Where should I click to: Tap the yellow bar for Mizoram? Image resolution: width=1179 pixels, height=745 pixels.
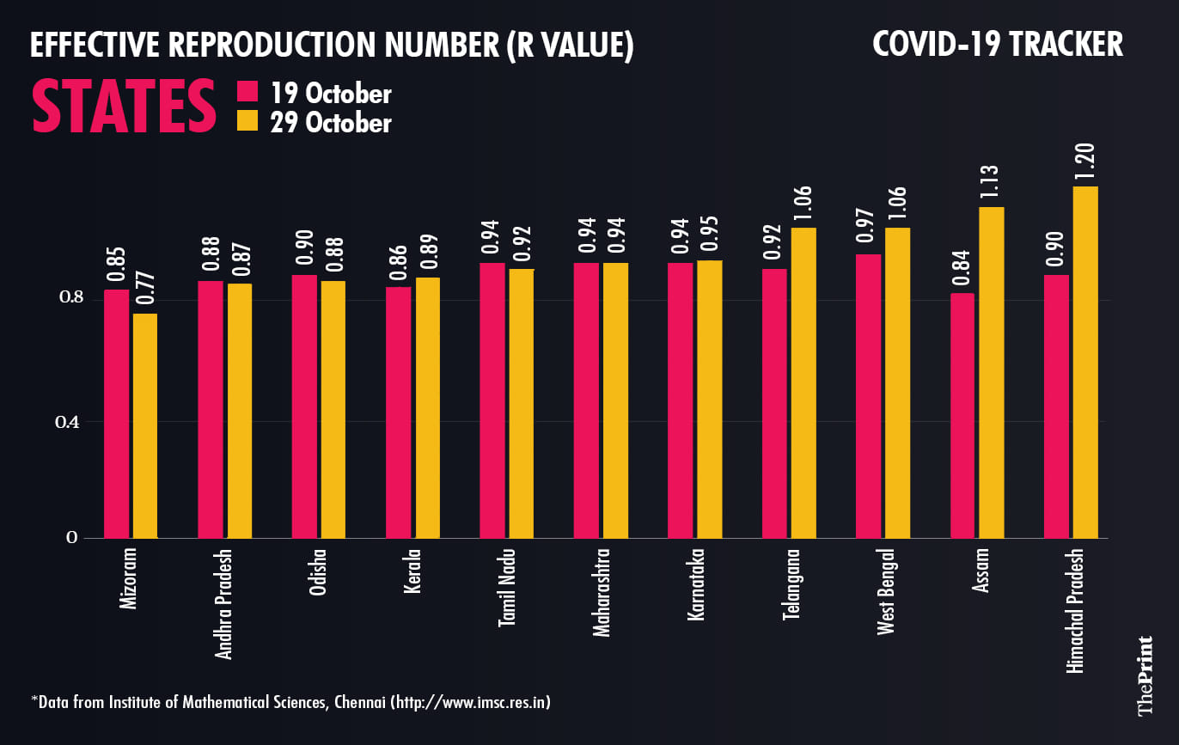coord(144,426)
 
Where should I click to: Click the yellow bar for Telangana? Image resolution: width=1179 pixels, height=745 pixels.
coord(804,383)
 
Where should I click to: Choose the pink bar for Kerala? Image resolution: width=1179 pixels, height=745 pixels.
coord(399,412)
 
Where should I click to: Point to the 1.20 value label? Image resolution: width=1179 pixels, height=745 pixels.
coord(1086,159)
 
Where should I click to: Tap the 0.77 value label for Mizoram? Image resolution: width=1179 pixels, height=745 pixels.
coord(144,288)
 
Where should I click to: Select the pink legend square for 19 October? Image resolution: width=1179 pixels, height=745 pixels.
coord(247,92)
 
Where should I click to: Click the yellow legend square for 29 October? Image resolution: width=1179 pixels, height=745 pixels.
coord(247,121)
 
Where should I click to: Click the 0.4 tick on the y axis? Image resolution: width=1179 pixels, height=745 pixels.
coord(68,421)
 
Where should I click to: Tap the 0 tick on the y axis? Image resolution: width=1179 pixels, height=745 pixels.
coord(72,538)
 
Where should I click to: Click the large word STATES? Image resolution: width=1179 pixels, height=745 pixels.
coord(125,107)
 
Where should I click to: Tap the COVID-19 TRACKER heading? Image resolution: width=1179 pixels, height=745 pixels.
coord(998,45)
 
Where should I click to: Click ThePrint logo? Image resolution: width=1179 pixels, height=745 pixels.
coord(1145,675)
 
